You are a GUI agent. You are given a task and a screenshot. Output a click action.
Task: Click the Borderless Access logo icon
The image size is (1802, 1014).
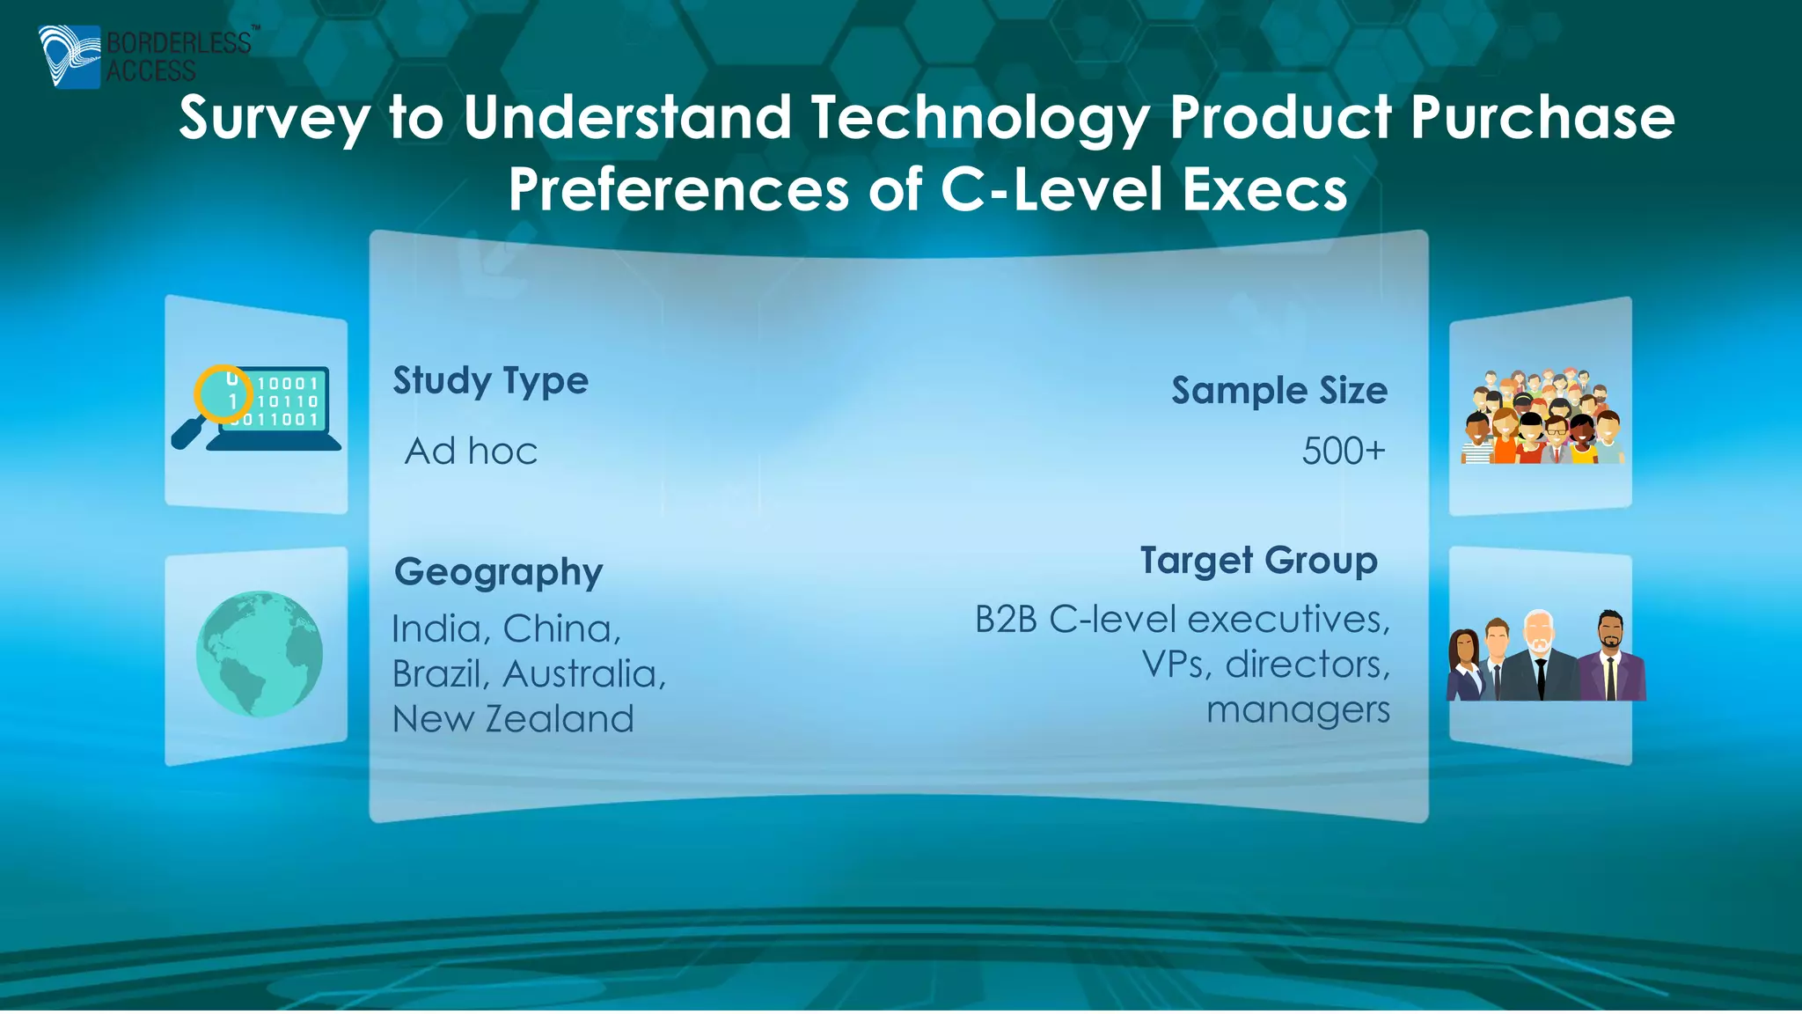pos(69,56)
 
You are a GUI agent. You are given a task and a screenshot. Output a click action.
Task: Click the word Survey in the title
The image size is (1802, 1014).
pos(274,119)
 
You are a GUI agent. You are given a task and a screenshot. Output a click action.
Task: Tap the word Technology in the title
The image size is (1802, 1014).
pos(978,119)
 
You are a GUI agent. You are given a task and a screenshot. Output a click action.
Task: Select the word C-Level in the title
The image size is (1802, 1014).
pos(1051,190)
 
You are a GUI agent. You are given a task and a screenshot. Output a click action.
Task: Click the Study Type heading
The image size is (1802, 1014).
pos(490,381)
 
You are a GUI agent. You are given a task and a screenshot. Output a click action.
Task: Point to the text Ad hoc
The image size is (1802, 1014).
pos(471,452)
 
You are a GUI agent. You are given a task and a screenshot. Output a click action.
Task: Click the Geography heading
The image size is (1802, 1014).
pos(498,572)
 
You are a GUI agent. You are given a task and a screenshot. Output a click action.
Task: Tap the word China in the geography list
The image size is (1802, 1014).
pos(561,629)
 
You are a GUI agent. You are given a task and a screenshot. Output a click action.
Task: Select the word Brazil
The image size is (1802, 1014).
pos(440,674)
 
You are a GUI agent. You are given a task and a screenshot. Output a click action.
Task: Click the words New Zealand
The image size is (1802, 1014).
pos(513,719)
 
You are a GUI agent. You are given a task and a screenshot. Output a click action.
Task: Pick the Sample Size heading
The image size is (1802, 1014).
pos(1278,391)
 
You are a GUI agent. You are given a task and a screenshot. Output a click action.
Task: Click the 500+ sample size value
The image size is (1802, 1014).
pos(1343,452)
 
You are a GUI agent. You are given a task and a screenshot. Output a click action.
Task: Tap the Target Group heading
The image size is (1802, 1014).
pos(1258,561)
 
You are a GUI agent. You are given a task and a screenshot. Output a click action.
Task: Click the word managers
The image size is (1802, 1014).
pos(1298,709)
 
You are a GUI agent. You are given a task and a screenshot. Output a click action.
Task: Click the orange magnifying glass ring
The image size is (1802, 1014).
pos(223,393)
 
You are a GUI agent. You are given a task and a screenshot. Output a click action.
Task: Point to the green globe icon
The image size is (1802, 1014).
pos(259,653)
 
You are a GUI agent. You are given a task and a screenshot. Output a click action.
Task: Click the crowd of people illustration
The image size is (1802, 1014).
pos(1542,417)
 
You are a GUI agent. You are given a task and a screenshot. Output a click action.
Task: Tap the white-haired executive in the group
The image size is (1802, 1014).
pos(1538,656)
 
